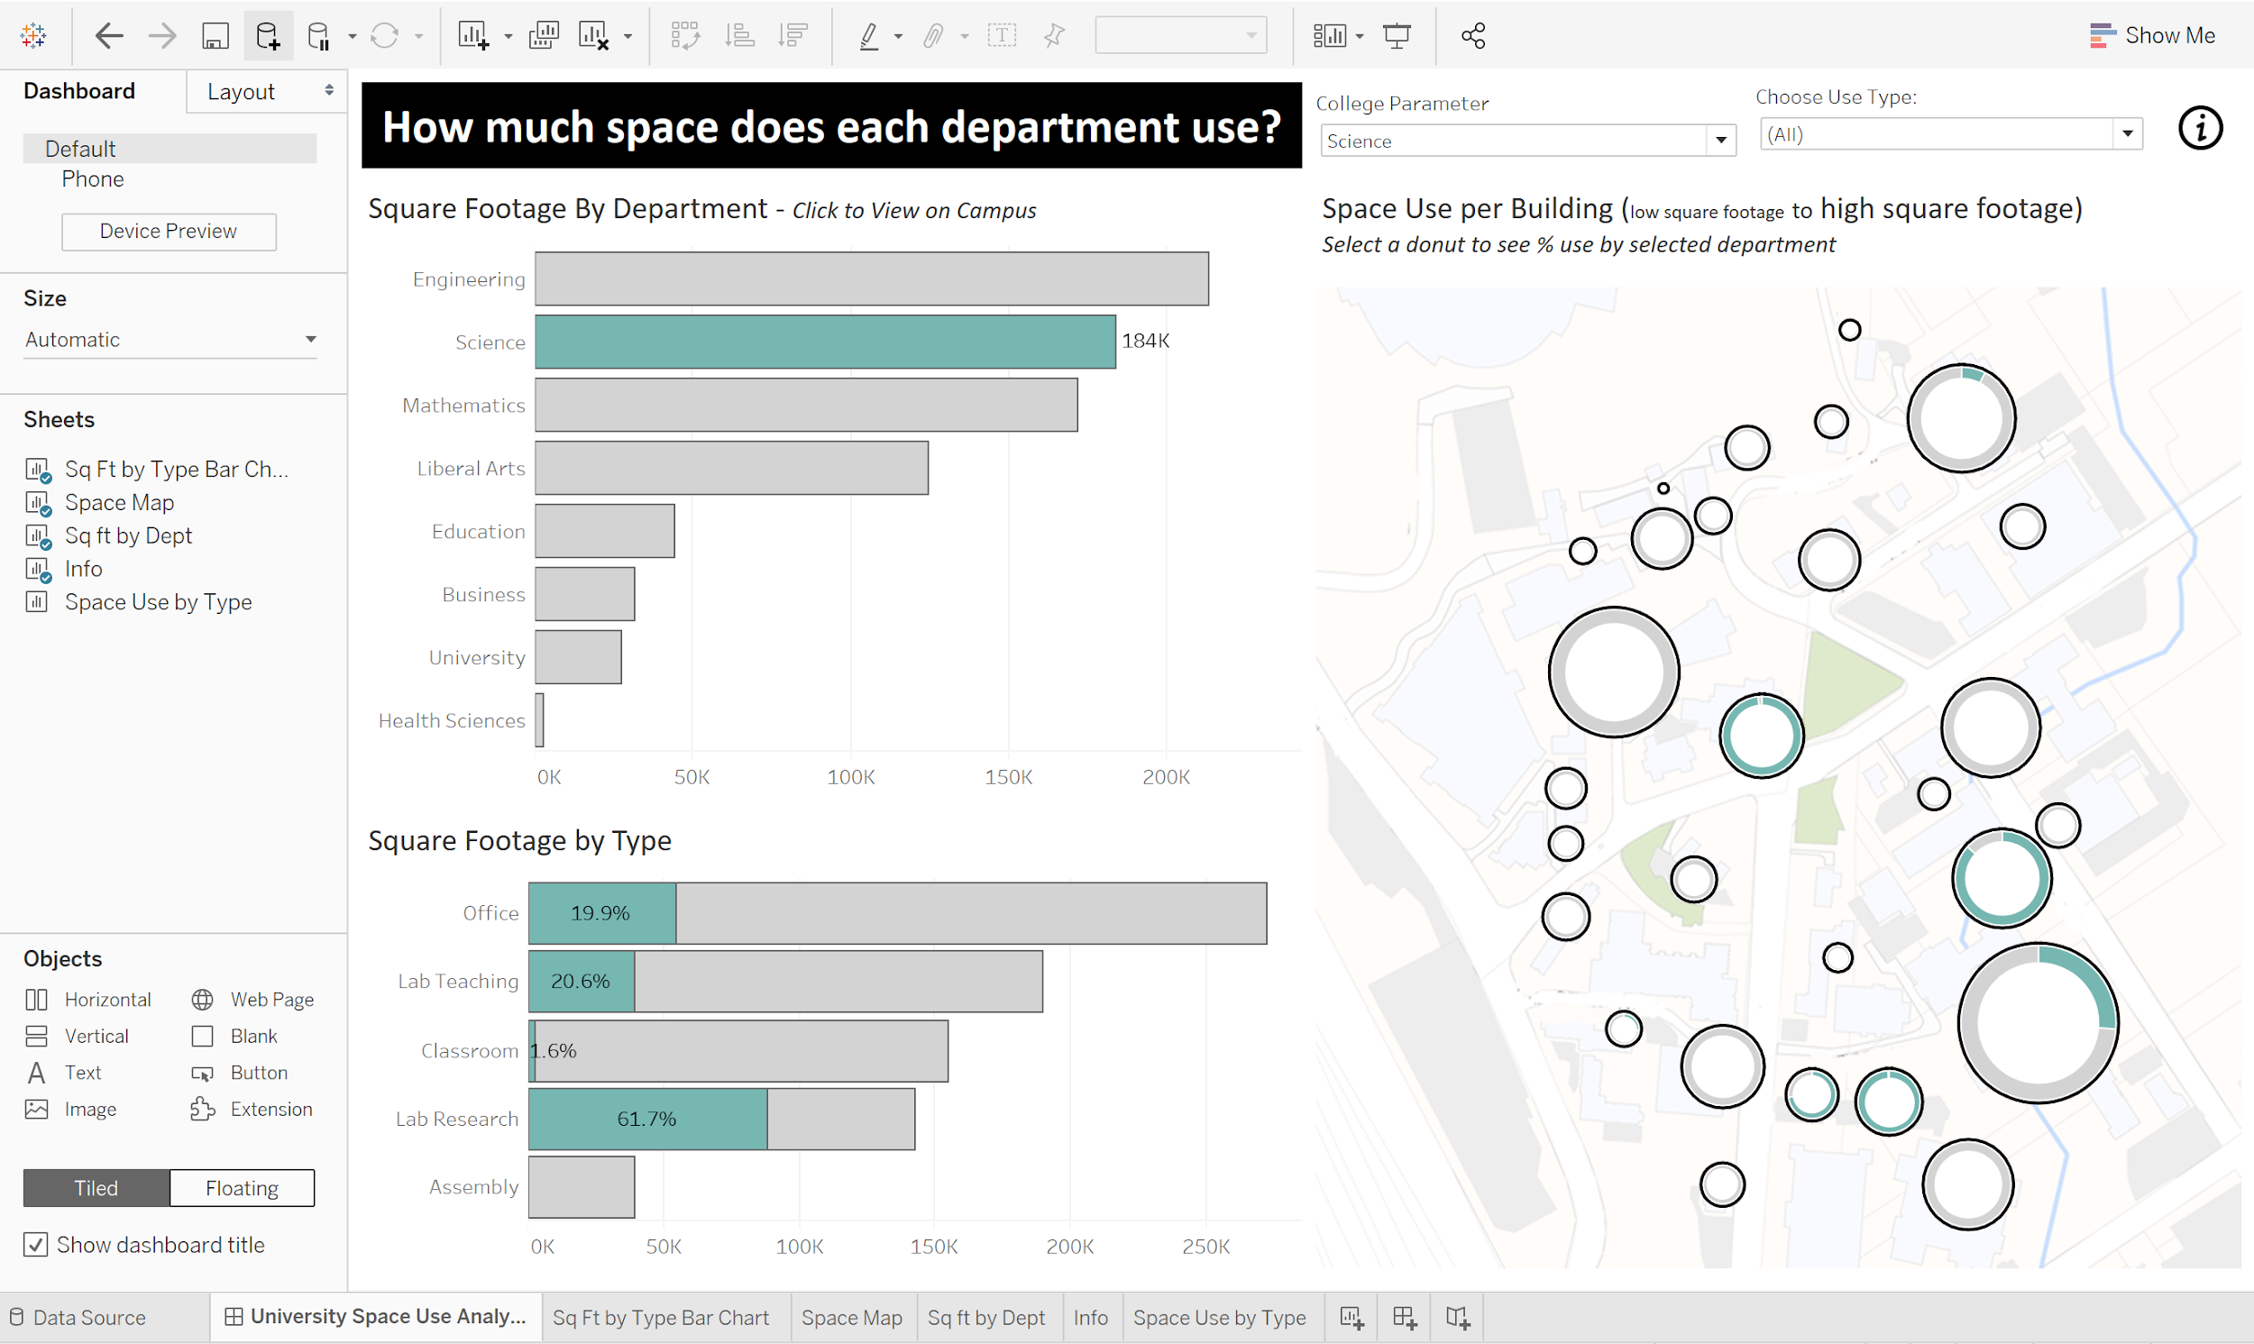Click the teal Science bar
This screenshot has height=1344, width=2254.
[825, 342]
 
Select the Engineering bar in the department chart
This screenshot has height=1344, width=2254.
[871, 278]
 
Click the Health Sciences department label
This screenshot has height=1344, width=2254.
[451, 721]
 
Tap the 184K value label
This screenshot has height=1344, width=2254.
[1146, 341]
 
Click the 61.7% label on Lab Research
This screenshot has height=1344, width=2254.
[646, 1119]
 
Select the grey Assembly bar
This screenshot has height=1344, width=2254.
[582, 1186]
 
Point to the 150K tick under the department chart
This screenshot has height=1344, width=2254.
[1008, 777]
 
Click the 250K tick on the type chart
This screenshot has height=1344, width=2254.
[1205, 1246]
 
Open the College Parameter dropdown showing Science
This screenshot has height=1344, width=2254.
[1527, 141]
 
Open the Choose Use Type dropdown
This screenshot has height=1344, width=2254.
[1951, 134]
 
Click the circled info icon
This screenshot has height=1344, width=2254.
[2200, 128]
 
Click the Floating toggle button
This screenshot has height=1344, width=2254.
[242, 1187]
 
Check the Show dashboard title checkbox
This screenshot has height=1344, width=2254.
[35, 1244]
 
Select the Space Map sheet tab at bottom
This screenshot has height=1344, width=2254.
[851, 1317]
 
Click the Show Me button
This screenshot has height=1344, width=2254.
[2152, 35]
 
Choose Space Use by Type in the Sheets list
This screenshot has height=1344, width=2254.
[158, 602]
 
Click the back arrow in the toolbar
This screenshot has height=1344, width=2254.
[109, 35]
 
